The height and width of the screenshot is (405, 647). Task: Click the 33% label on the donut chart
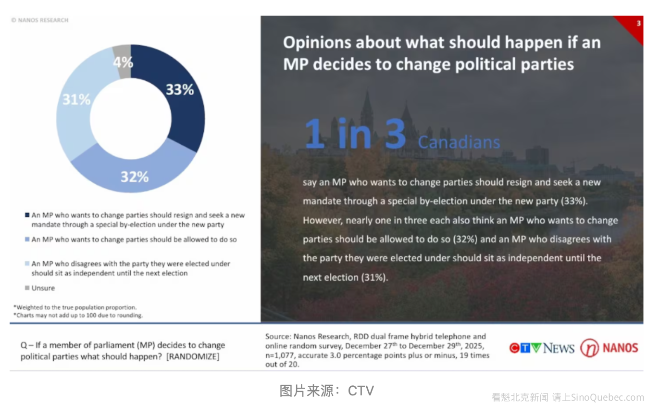[x=180, y=89]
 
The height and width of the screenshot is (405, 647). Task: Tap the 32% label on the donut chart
[x=134, y=177]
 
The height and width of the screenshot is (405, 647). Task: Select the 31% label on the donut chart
[x=76, y=100]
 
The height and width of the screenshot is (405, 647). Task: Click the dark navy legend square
[x=27, y=215]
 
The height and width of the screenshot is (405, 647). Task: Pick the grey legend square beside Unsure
[x=27, y=288]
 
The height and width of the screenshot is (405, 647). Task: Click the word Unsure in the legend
[x=43, y=288]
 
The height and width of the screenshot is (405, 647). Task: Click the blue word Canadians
[x=459, y=142]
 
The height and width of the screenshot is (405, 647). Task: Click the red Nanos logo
[x=609, y=348]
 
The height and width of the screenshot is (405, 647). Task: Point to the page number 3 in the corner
[x=638, y=23]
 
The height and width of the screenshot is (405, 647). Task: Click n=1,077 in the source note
[x=281, y=355]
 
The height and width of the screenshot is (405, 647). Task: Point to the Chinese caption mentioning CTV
[x=326, y=390]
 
